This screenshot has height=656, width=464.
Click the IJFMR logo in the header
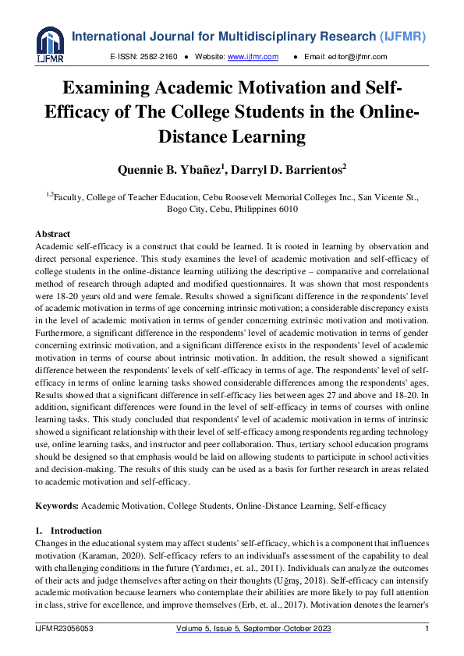pyautogui.click(x=49, y=43)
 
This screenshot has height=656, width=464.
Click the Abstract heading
pyautogui.click(x=53, y=234)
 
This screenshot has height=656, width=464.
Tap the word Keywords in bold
pyautogui.click(x=57, y=506)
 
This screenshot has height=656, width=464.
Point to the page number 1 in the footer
pyautogui.click(x=427, y=630)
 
